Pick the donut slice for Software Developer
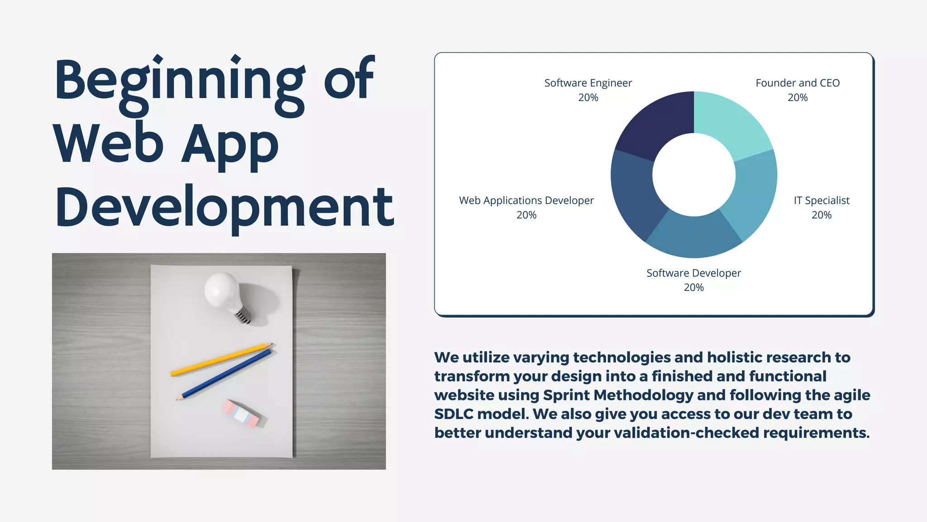pyautogui.click(x=694, y=236)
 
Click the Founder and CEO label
pyautogui.click(x=798, y=83)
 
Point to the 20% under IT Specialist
pyautogui.click(x=822, y=215)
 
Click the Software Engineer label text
pyautogui.click(x=588, y=83)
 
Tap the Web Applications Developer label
pyautogui.click(x=526, y=200)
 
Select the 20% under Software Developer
pyautogui.click(x=694, y=287)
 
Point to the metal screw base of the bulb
pyautogui.click(x=244, y=315)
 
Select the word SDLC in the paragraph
pyautogui.click(x=454, y=414)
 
